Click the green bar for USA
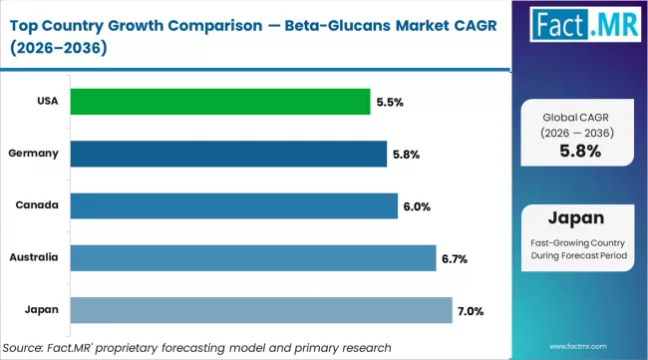click(220, 101)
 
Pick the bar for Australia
click(253, 257)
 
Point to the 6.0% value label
click(416, 206)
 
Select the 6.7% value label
click(455, 258)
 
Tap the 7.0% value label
click(471, 311)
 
